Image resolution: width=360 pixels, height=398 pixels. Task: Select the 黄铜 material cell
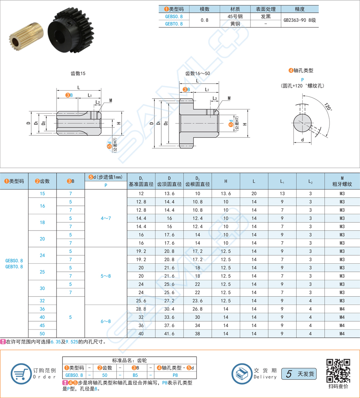point(235,24)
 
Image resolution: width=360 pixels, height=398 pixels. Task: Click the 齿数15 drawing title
point(78,73)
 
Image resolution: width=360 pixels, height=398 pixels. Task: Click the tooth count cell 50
point(42,334)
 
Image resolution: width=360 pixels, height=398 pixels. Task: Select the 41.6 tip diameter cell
point(169,334)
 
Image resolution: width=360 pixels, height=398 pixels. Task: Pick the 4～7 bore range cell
point(106,218)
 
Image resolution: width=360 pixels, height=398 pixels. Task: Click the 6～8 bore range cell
point(106,321)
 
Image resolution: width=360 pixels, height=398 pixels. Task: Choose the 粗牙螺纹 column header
point(342,184)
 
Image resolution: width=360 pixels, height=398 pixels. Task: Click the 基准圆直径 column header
point(141,184)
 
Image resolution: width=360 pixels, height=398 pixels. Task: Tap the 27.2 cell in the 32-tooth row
point(169,301)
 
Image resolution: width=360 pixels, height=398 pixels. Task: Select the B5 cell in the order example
point(135,375)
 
